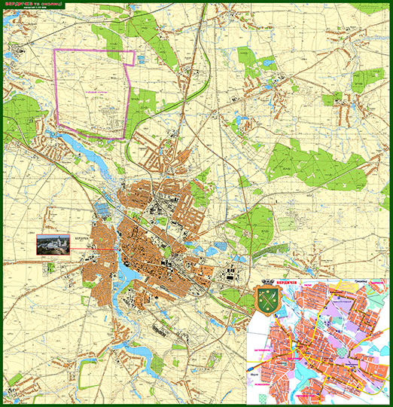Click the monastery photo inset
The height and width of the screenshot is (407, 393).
(53, 245)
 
